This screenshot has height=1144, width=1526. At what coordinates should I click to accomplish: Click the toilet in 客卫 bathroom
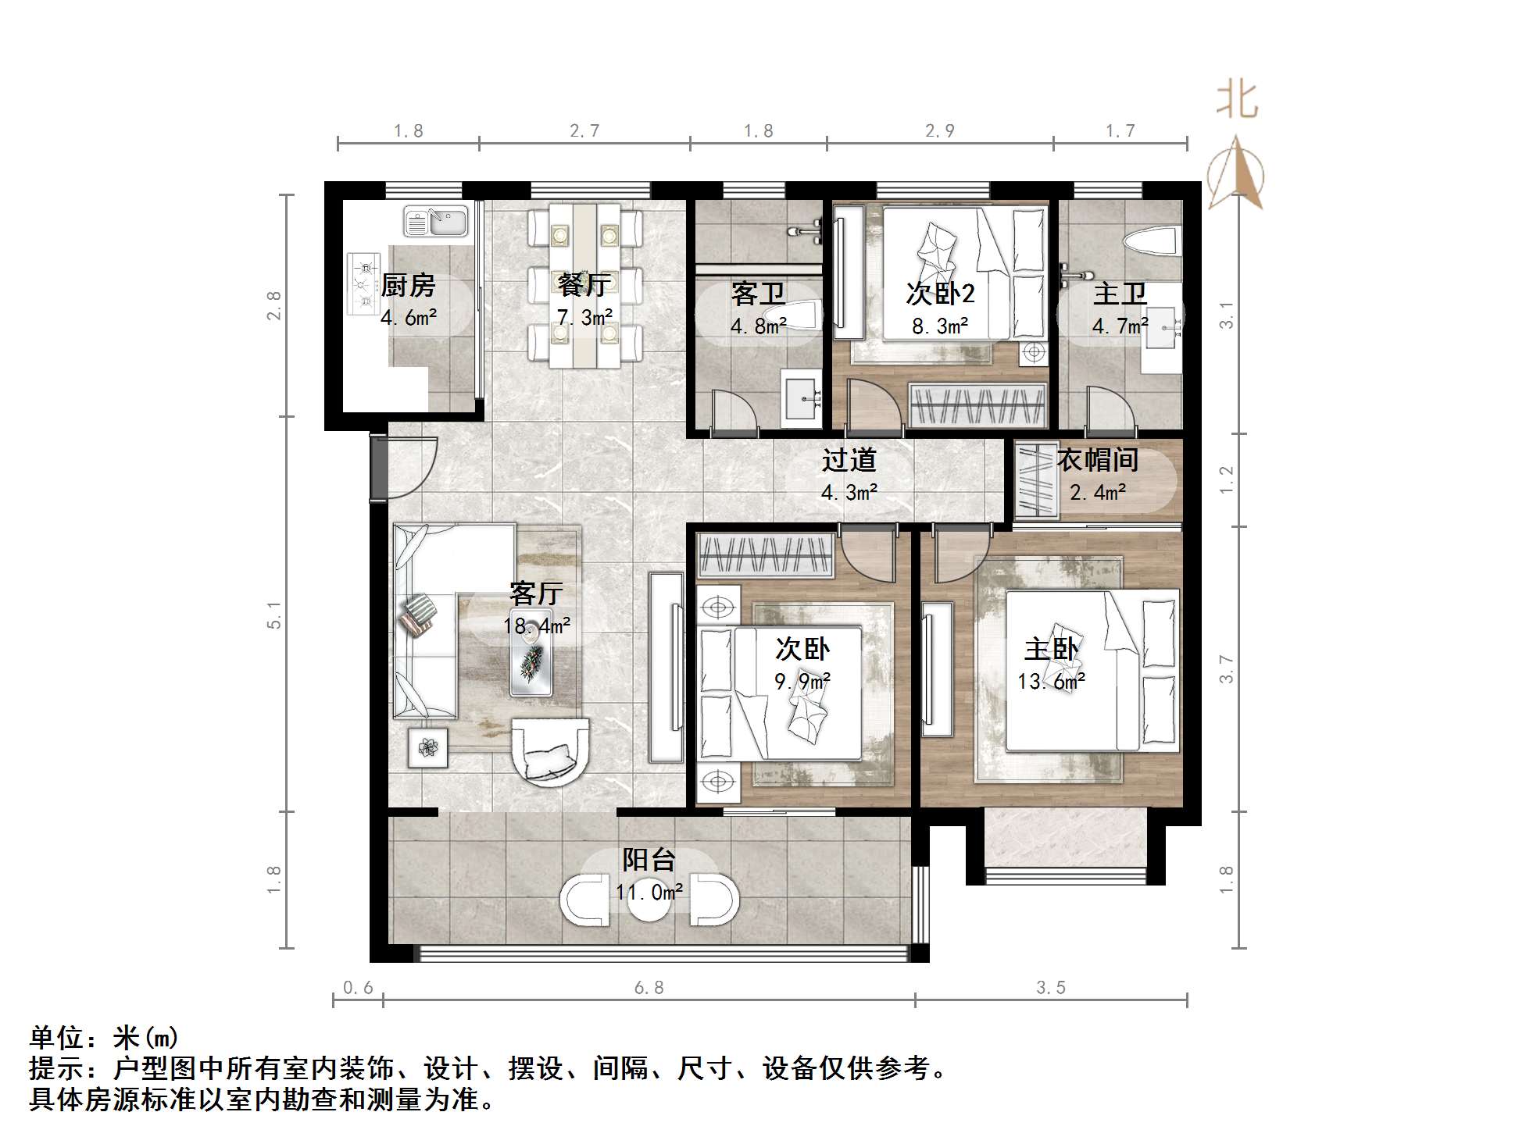click(x=799, y=315)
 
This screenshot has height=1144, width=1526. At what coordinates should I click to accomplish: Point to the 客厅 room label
click(x=536, y=593)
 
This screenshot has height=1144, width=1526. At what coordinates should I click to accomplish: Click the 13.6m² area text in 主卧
click(x=1051, y=682)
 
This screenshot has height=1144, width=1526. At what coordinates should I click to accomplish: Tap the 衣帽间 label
click(x=1097, y=460)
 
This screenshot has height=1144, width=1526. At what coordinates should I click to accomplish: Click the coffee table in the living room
click(x=531, y=650)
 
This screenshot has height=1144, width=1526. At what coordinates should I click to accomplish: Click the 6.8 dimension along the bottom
click(x=649, y=988)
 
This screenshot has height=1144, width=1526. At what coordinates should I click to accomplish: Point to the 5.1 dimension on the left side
click(x=274, y=615)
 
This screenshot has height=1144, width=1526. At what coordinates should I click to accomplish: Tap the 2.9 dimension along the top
click(x=939, y=130)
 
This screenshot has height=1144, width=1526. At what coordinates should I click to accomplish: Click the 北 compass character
click(x=1236, y=102)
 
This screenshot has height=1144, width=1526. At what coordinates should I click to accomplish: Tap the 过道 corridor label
click(x=849, y=460)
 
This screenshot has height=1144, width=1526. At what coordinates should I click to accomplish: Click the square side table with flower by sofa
click(x=427, y=747)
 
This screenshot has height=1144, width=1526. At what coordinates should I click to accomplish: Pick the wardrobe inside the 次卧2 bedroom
click(x=977, y=406)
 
